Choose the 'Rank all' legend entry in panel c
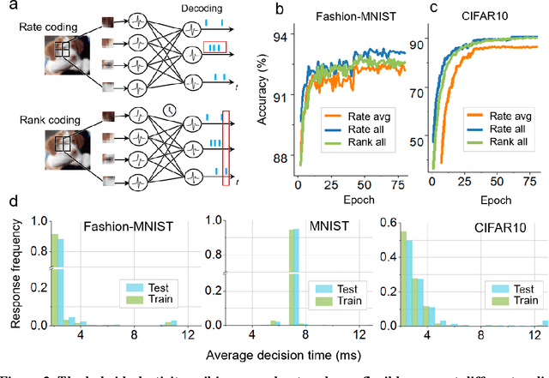(512, 149)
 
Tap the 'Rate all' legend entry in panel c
(511, 135)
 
